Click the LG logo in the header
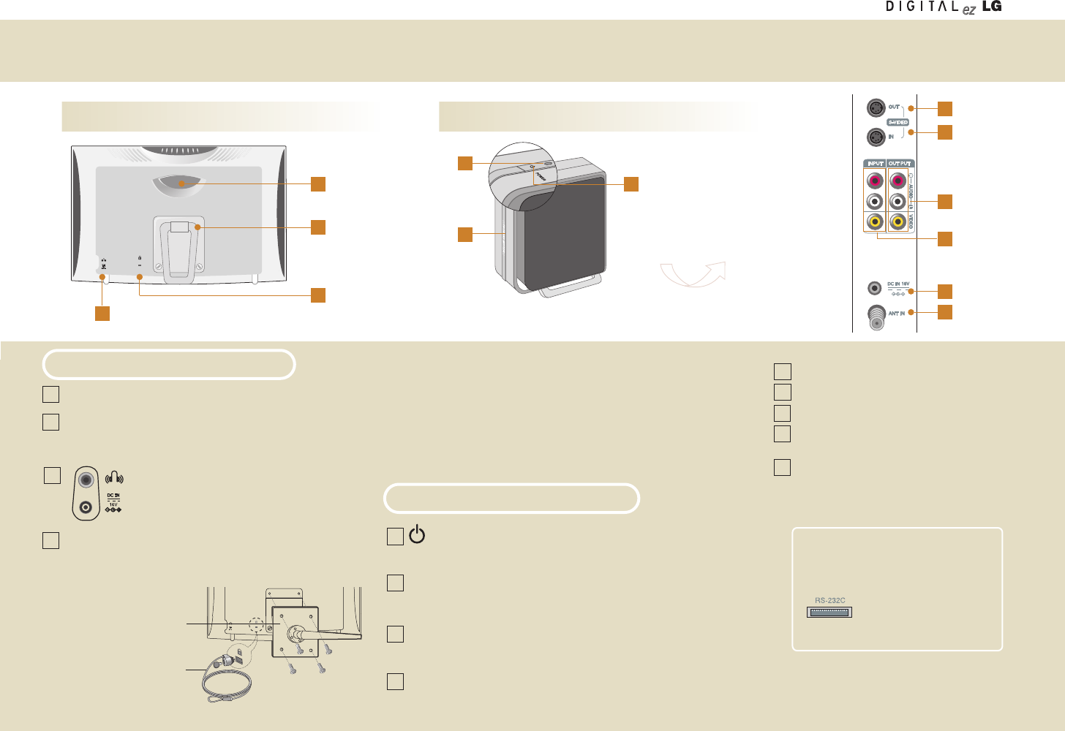tap(992, 7)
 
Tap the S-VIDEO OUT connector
tap(876, 107)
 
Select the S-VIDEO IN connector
tap(876, 137)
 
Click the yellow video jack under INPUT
tap(874, 221)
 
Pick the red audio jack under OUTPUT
tap(898, 180)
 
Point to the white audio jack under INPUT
tap(874, 201)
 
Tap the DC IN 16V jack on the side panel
tap(873, 288)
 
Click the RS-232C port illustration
tap(829, 612)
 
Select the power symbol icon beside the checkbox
tap(417, 534)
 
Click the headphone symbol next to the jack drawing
tap(114, 479)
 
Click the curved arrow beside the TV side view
tap(693, 274)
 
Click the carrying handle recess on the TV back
tap(180, 185)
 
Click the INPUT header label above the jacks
tap(876, 164)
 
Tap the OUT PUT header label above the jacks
tap(900, 164)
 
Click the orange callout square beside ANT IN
tap(945, 312)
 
